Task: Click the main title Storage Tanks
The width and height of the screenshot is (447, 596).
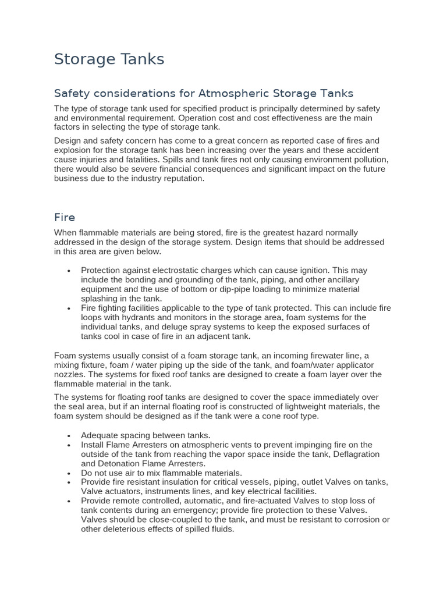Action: point(109,59)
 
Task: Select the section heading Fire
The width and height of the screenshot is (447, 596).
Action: point(65,217)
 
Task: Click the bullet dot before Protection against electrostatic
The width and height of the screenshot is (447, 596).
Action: point(69,271)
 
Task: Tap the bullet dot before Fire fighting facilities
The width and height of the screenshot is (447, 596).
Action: point(69,308)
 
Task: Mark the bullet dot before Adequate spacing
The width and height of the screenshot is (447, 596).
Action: point(69,436)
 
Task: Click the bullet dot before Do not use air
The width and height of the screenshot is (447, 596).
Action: point(69,473)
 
